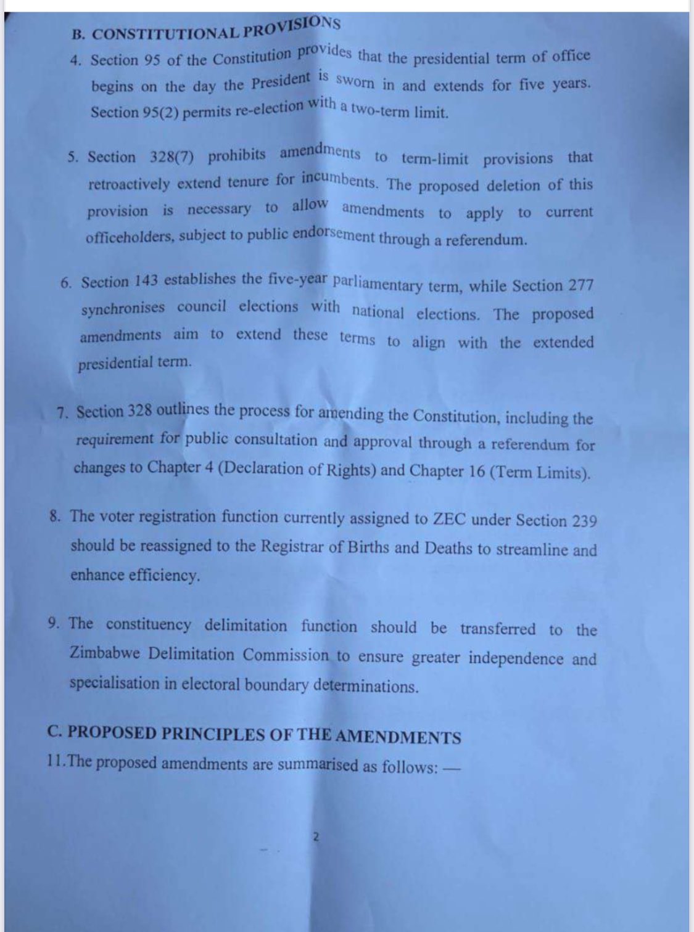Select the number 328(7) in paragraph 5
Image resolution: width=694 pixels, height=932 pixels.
[171, 157]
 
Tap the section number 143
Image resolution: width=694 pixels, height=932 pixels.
[144, 281]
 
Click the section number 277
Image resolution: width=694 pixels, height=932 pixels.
[580, 285]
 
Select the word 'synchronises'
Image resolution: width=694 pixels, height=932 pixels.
[123, 308]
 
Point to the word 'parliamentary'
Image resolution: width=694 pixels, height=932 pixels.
[378, 284]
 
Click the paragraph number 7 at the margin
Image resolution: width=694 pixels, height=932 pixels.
[62, 414]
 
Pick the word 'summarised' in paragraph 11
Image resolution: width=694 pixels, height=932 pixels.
[318, 765]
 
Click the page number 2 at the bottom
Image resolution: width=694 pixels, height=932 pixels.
[316, 838]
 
